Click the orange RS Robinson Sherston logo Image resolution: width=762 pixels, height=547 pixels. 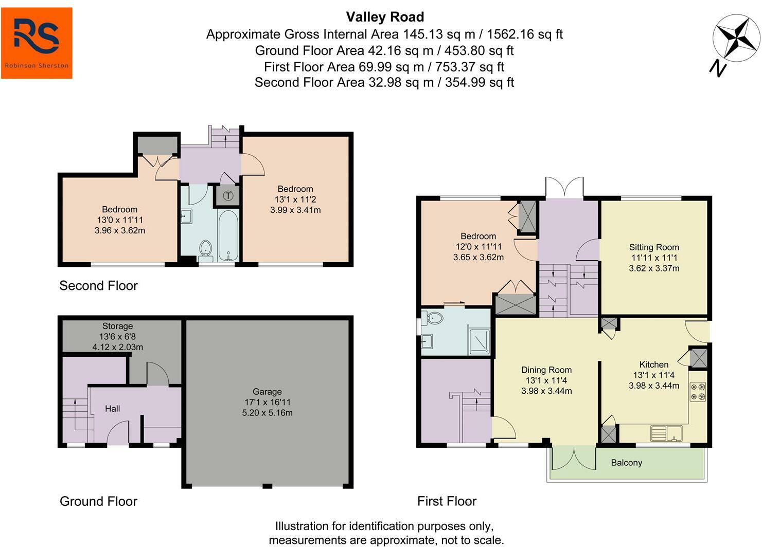[37, 43]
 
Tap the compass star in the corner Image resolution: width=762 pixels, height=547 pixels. [736, 38]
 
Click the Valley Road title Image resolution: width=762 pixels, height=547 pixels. [385, 17]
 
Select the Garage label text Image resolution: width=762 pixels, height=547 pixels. [267, 392]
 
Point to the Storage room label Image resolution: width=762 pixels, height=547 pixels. [118, 326]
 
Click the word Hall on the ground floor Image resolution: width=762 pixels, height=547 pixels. [112, 409]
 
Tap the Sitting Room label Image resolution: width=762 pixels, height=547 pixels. [654, 247]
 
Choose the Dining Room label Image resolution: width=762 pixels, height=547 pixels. [546, 370]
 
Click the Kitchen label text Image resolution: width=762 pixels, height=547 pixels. [654, 364]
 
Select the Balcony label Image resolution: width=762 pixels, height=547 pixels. [627, 463]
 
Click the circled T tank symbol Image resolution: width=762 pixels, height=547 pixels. [228, 196]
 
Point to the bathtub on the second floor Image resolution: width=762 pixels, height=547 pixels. [228, 235]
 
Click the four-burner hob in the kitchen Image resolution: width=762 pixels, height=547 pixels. [698, 392]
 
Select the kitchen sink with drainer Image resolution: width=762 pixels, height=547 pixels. [666, 433]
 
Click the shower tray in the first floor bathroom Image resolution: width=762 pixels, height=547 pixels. [479, 342]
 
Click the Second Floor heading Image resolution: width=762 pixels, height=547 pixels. [98, 285]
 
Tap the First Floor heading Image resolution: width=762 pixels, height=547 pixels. [447, 501]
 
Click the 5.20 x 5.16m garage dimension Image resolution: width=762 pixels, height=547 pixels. [267, 413]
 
